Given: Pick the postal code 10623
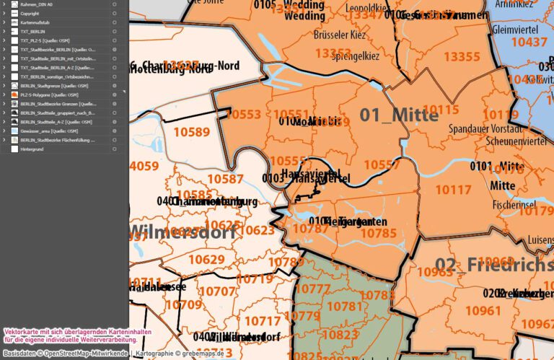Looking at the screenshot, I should (x=256, y=230).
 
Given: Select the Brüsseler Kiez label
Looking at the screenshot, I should (x=342, y=34).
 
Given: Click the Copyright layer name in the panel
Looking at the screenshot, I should (x=30, y=13).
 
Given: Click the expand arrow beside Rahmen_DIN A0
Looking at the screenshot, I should (x=5, y=4).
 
